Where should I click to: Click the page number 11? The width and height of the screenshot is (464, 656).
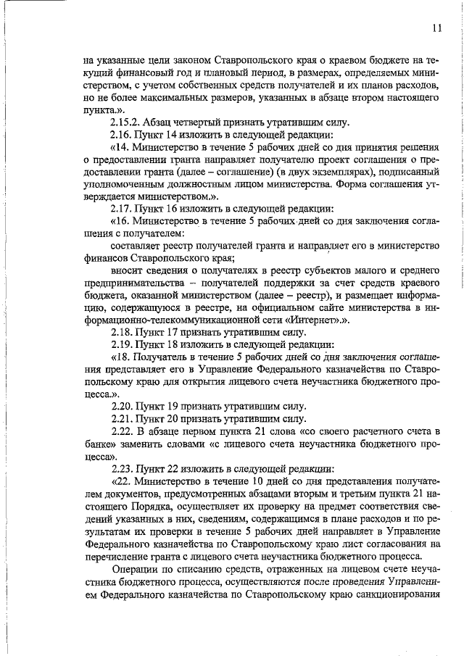(x=436, y=28)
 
